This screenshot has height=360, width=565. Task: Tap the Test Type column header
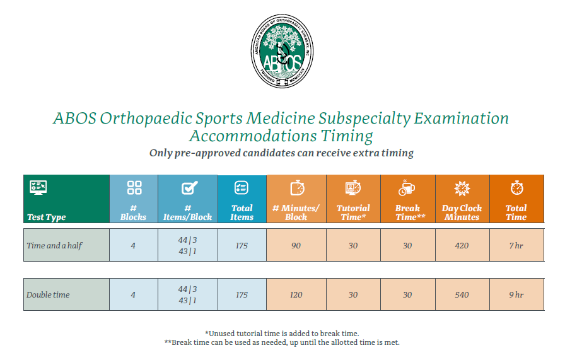47,217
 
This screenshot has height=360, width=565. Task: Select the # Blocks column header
134,212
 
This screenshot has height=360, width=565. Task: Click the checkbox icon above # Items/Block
188,188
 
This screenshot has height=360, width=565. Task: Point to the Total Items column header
242,212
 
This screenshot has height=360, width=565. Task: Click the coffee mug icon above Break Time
407,188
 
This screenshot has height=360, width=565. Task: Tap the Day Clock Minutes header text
462,212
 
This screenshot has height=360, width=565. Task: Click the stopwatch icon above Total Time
516,188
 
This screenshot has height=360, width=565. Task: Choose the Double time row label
48,294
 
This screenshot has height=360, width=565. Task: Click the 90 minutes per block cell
296,245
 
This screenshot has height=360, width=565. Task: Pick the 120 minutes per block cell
296,294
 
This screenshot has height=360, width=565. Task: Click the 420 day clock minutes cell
462,245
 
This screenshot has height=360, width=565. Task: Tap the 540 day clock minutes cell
462,294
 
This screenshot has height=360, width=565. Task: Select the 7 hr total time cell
516,245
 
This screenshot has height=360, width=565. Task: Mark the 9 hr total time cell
516,294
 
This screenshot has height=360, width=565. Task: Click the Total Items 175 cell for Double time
242,294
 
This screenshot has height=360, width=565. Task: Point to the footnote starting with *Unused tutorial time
282,333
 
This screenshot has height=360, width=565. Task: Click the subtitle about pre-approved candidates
281,153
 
